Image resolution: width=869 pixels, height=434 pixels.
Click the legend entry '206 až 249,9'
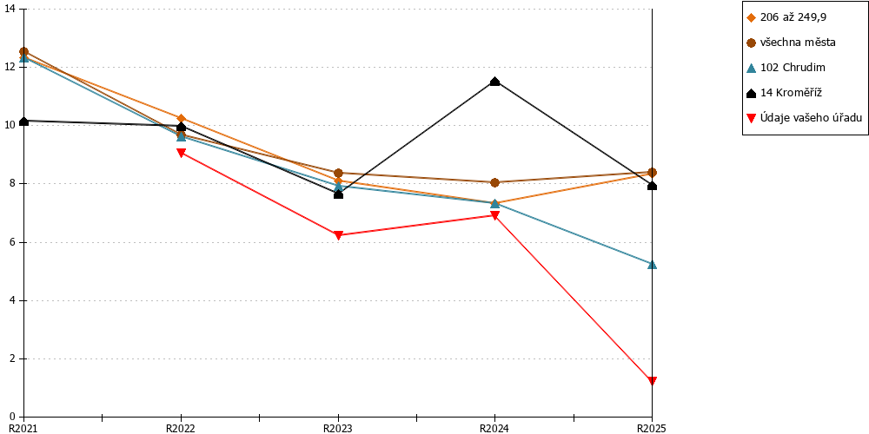point(787,17)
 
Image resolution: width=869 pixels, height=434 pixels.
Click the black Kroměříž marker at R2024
point(495,82)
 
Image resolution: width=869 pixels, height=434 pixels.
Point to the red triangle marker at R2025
point(653,381)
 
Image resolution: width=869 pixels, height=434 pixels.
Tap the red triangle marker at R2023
point(338,234)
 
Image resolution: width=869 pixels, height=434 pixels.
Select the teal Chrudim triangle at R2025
point(653,264)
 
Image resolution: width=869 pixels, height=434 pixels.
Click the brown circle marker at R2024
point(495,182)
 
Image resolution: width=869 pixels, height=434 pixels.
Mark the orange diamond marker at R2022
point(182,118)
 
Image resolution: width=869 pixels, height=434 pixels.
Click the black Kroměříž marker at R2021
point(23,122)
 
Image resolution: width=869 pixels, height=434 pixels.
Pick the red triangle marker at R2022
point(182,153)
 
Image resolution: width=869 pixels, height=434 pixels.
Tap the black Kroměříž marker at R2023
point(338,194)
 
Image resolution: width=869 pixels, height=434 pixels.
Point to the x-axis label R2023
point(338,428)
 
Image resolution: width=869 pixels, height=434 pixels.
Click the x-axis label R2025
point(653,428)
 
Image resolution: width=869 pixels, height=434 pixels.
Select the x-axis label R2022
point(182,428)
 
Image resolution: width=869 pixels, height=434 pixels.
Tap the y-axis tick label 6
point(12,242)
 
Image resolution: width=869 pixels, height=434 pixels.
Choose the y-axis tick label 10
point(10,126)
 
